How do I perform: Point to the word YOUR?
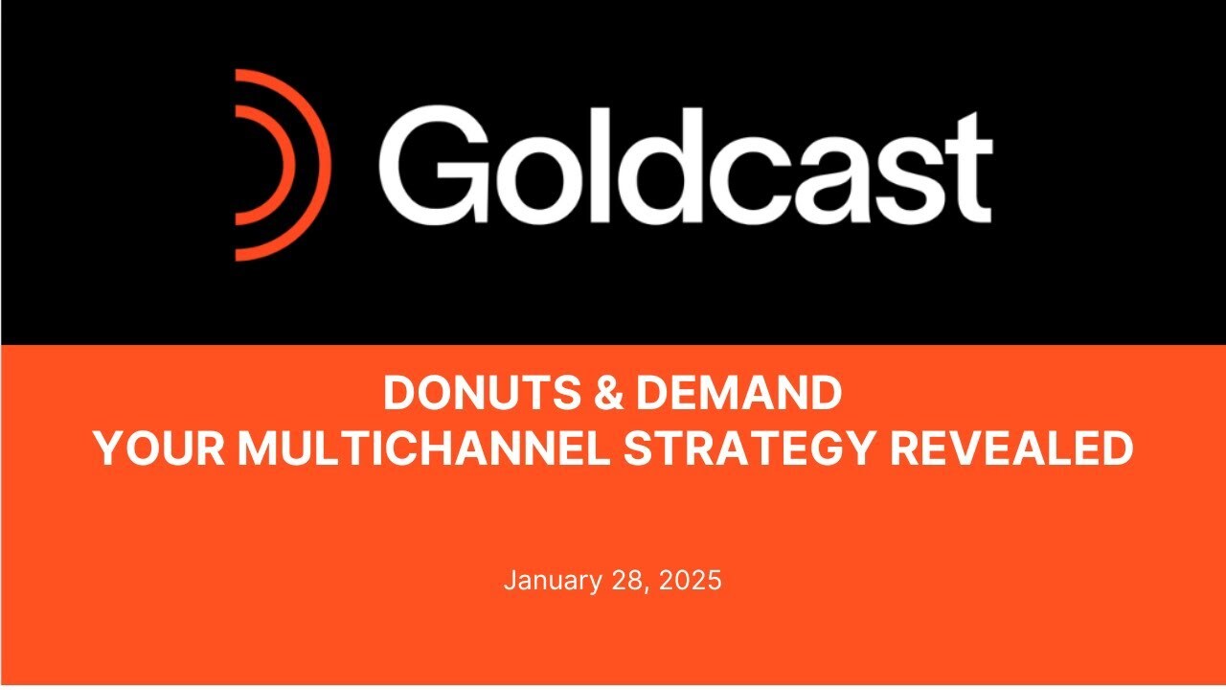click(x=159, y=448)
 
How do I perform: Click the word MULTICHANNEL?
click(x=424, y=448)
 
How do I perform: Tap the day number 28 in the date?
click(x=624, y=581)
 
